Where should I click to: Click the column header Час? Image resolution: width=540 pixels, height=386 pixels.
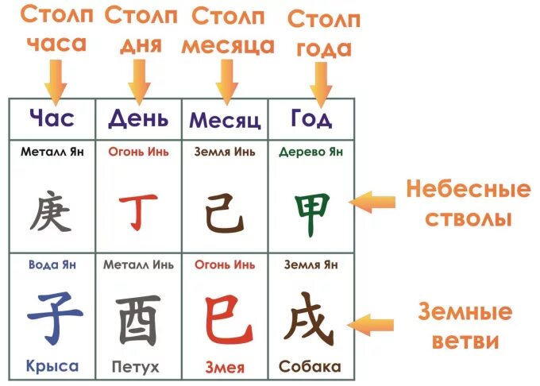pos(52,119)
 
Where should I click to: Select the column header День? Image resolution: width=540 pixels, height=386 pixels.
pos(138,119)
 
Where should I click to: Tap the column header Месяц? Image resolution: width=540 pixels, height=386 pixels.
pos(225,121)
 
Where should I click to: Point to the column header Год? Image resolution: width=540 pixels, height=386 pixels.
pos(311,119)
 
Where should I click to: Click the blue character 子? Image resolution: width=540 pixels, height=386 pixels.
pos(52,315)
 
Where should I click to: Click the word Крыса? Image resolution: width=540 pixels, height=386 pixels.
pos(52,366)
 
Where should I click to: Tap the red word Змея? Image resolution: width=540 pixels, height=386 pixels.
pos(225,367)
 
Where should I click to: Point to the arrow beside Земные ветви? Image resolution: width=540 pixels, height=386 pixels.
pos(373,324)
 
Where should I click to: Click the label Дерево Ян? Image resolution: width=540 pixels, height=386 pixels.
pos(310,152)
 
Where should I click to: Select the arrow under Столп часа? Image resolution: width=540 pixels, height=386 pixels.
pos(56,77)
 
